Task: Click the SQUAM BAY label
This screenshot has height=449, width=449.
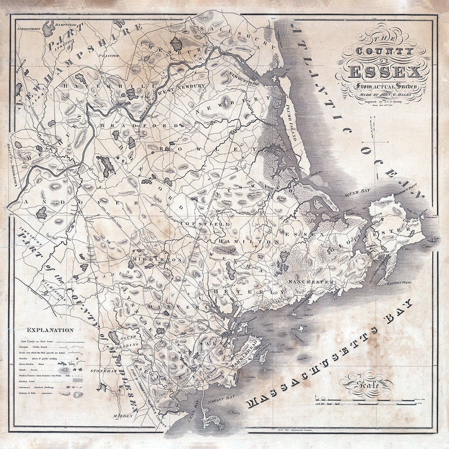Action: click(357, 194)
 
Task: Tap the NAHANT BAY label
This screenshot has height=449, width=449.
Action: click(219, 394)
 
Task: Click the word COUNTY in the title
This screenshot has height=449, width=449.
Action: click(385, 51)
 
